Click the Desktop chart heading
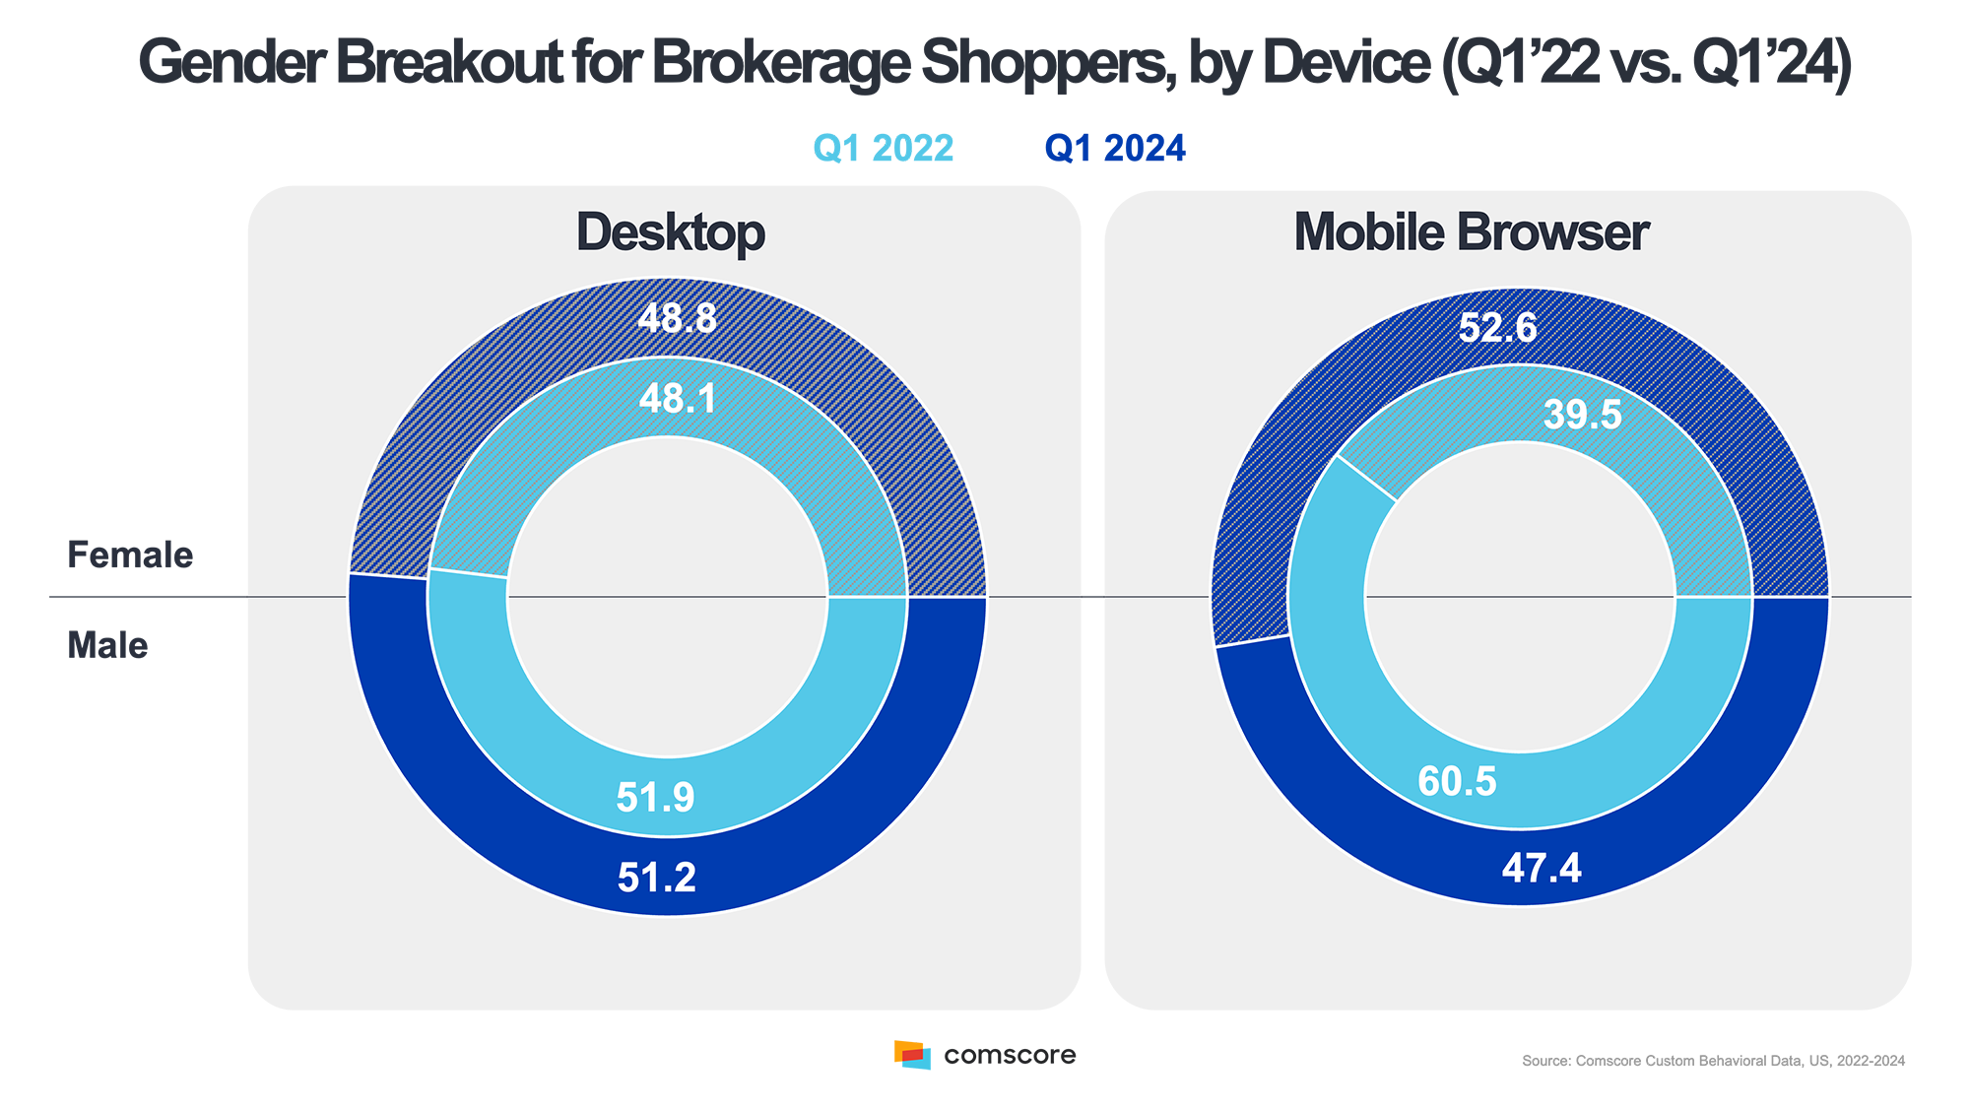click(670, 233)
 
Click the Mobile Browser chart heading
click(1471, 233)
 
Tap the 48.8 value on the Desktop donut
click(677, 318)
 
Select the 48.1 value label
click(678, 398)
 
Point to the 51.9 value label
click(655, 797)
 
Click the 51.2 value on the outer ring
click(656, 878)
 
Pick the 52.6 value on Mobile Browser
click(1497, 327)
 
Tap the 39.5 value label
click(1582, 414)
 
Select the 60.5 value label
click(1457, 781)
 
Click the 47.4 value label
click(1542, 868)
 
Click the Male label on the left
click(109, 645)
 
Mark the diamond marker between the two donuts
click(1092, 597)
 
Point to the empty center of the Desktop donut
click(668, 597)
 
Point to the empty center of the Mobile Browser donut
click(1520, 597)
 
